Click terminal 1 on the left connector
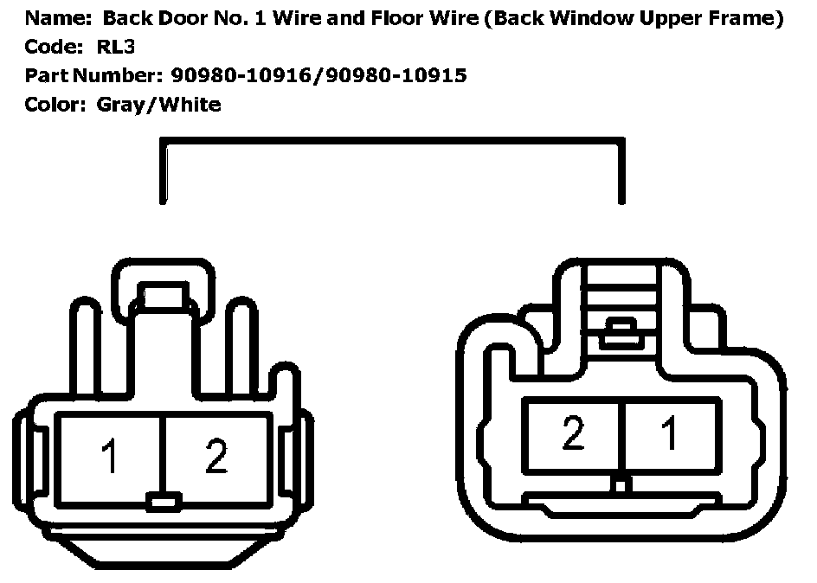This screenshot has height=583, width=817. [110, 457]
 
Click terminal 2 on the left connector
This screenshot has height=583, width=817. [216, 457]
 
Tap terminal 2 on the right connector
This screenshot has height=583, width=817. [572, 435]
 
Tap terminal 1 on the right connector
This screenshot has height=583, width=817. [669, 435]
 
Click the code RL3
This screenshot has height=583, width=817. [116, 48]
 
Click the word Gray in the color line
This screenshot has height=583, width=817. [120, 106]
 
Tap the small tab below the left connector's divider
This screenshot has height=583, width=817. [163, 501]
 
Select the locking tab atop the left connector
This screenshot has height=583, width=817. [163, 297]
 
